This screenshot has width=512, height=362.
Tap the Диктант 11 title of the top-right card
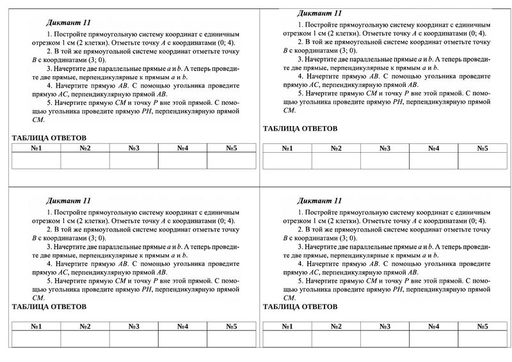coord(319,13)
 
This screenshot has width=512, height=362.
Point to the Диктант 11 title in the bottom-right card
coord(319,200)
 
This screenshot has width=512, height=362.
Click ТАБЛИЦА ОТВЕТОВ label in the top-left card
coord(49,138)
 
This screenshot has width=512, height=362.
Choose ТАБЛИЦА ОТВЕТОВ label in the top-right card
coord(300,129)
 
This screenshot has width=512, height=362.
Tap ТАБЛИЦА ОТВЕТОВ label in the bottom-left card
coord(49,307)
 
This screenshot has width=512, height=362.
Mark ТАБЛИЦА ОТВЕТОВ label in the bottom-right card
coord(300,307)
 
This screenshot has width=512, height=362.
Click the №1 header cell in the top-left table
coord(36,149)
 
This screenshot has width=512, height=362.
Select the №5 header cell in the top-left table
coord(231,149)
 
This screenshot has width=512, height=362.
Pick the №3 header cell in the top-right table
coord(385,149)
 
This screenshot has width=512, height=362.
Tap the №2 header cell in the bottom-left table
coord(84,327)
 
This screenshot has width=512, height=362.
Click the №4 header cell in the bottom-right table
coord(433,327)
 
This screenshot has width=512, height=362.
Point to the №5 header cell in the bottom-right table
coord(482,327)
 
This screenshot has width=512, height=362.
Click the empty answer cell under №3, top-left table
coord(134,161)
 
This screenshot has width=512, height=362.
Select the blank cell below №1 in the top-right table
coord(287,161)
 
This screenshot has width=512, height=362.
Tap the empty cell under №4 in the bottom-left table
coord(182,339)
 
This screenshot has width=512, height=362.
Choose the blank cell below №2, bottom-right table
coord(336,339)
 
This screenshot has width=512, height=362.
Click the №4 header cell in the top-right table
coord(433,149)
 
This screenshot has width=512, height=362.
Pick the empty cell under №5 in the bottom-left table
coord(231,339)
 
